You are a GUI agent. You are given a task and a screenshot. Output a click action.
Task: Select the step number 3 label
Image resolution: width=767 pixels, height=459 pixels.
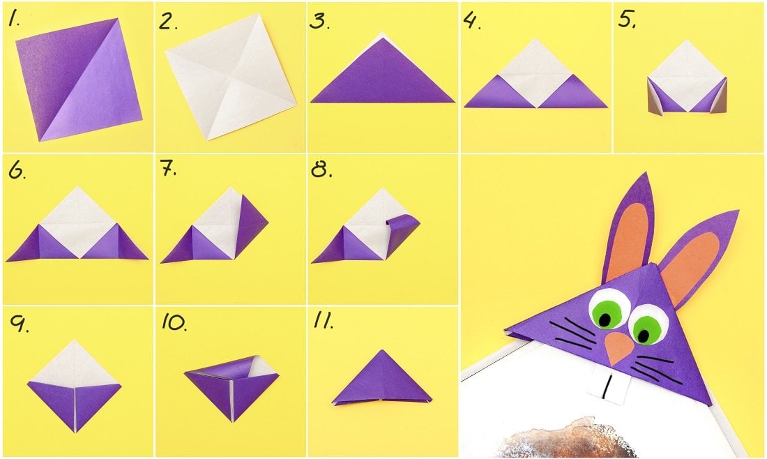(x=319, y=22)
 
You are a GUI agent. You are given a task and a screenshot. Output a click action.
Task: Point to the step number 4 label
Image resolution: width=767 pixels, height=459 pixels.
(x=472, y=20)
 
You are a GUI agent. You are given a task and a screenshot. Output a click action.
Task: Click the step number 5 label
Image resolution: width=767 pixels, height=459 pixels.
(x=627, y=20)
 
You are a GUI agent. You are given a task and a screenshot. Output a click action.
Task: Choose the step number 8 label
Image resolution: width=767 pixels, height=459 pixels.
(x=321, y=170)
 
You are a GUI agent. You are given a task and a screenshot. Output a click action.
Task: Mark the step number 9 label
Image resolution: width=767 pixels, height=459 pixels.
(x=19, y=324)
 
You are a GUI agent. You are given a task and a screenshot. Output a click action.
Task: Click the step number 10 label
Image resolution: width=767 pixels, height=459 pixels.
(x=174, y=322)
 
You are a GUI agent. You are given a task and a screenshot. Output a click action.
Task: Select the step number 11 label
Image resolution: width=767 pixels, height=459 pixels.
(x=324, y=320)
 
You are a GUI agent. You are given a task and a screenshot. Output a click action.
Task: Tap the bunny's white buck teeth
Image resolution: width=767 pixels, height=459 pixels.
(x=605, y=386)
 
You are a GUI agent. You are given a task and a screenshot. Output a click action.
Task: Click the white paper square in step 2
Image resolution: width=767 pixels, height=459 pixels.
(x=231, y=76)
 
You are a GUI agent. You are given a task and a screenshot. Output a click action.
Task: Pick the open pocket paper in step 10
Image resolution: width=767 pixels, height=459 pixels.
(x=231, y=385)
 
